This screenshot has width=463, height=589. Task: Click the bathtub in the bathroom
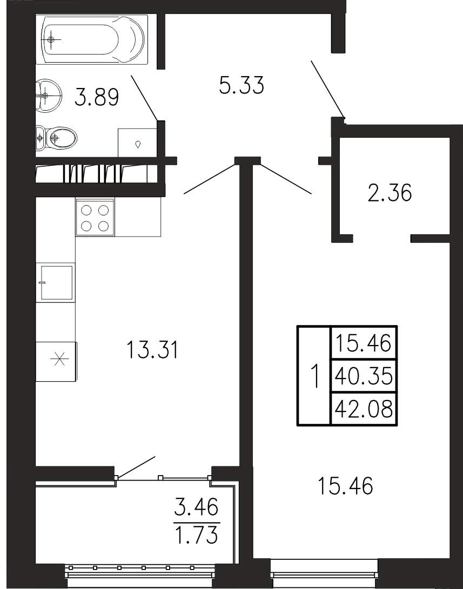click(92, 39)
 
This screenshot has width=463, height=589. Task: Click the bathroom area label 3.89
click(97, 97)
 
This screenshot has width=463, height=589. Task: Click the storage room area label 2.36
click(390, 193)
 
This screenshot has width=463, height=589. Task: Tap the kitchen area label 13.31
click(152, 349)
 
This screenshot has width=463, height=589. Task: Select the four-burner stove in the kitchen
click(95, 218)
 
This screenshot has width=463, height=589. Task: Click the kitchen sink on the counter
click(56, 282)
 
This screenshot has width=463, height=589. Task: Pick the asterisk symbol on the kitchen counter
click(60, 360)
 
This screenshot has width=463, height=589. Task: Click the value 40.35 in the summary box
click(364, 376)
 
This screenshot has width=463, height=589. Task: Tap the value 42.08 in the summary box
click(364, 409)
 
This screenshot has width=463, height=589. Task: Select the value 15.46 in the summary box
click(364, 343)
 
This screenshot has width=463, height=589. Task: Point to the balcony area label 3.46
click(196, 508)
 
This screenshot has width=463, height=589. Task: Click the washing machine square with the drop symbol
click(137, 143)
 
